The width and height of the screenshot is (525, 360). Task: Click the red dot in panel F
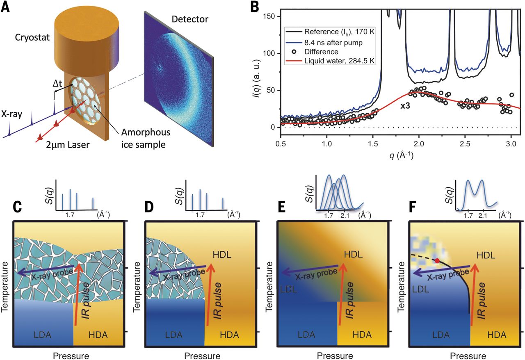[438, 261]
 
